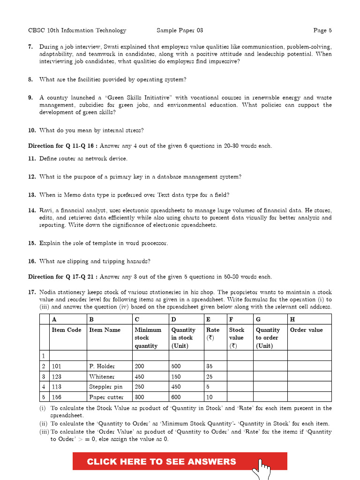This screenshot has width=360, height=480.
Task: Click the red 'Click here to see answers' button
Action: [x=162, y=461]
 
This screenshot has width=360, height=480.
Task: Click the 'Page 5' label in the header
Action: [x=322, y=30]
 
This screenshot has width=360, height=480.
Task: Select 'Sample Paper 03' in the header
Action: [x=180, y=30]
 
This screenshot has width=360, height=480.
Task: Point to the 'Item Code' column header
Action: [x=67, y=330]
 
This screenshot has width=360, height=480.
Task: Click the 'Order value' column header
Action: [x=307, y=330]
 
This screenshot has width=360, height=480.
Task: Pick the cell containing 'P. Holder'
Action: [x=102, y=366]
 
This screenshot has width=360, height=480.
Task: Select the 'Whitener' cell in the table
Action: [x=102, y=376]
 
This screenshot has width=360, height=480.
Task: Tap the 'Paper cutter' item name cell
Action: [x=106, y=397]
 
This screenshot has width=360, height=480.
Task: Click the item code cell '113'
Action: [x=57, y=387]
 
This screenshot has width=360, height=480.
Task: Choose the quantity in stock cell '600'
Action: [x=176, y=397]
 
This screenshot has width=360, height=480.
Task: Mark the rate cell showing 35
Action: [x=210, y=366]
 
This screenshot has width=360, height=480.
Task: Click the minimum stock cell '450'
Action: [x=140, y=376]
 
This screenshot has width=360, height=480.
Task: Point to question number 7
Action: [x=30, y=47]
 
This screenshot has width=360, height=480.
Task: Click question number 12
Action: [x=32, y=177]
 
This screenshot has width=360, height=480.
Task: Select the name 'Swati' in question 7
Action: [x=105, y=47]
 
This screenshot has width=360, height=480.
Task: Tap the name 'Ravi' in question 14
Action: [x=46, y=210]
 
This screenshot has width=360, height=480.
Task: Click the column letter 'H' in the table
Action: [x=292, y=319]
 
